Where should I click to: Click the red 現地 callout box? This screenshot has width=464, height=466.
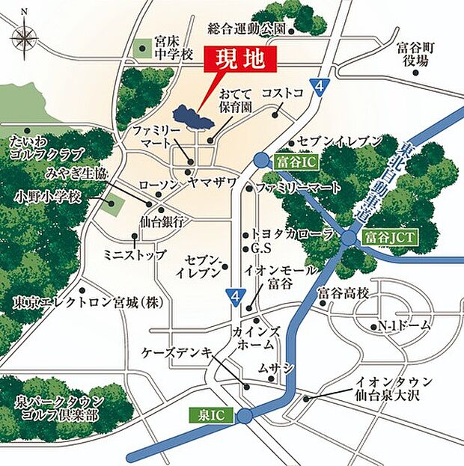pos(241,59)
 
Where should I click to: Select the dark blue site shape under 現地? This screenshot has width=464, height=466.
pos(189,117)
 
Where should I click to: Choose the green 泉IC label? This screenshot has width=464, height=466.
pos(211,414)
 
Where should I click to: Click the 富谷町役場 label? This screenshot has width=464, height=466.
pos(416,54)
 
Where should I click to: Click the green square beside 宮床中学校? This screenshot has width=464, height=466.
pos(142,49)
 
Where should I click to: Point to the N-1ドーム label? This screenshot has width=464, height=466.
pos(404,327)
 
